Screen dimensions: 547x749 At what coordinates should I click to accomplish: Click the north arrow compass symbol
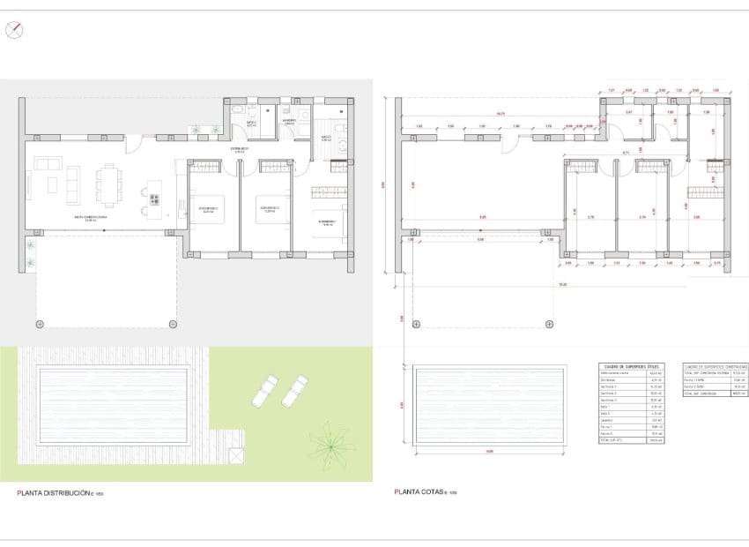[13, 30]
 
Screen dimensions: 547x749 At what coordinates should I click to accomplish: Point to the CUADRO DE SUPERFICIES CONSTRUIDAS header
[715, 366]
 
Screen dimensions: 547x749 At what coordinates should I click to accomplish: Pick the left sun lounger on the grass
[263, 391]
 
